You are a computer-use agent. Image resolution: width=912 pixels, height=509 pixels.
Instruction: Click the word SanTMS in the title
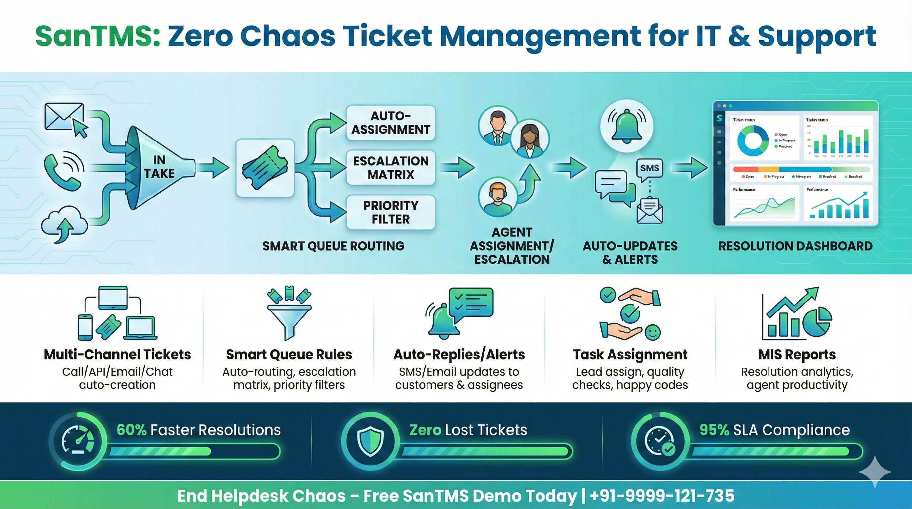[97, 36]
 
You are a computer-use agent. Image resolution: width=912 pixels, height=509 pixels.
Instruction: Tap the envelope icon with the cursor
[66, 119]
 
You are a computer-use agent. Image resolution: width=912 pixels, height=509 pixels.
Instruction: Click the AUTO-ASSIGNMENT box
[390, 123]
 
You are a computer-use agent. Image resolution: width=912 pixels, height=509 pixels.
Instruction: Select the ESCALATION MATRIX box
[390, 167]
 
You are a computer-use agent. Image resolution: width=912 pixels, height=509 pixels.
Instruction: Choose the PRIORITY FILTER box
[390, 212]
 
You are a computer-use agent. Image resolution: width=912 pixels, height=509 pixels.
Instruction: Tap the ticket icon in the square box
[265, 168]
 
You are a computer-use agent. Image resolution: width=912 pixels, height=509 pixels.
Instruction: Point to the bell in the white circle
[627, 126]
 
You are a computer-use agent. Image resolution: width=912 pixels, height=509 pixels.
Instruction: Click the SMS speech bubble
[649, 168]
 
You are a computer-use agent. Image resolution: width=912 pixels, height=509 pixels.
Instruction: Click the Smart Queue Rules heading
[289, 354]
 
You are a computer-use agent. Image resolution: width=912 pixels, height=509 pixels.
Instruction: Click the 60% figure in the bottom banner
[131, 430]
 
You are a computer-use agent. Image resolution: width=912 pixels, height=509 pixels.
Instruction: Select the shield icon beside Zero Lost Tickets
[370, 442]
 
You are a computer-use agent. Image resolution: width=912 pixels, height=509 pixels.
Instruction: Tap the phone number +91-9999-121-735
[662, 496]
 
